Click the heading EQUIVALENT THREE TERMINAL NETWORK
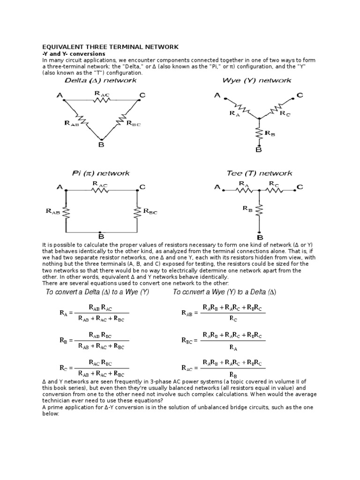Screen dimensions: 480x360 pos(111,47)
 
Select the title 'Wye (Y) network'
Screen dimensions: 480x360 pos(257,81)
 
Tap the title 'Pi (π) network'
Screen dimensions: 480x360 pos(100,173)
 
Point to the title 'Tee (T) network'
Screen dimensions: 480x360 pos(259,173)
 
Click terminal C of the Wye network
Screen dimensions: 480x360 pos(299,96)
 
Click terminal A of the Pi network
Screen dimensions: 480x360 pos(60,187)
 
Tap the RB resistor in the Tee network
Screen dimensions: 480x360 pos(259,210)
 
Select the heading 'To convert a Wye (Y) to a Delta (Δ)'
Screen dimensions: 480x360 pos(225,292)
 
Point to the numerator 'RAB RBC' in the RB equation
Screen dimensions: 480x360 pos(106,336)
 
